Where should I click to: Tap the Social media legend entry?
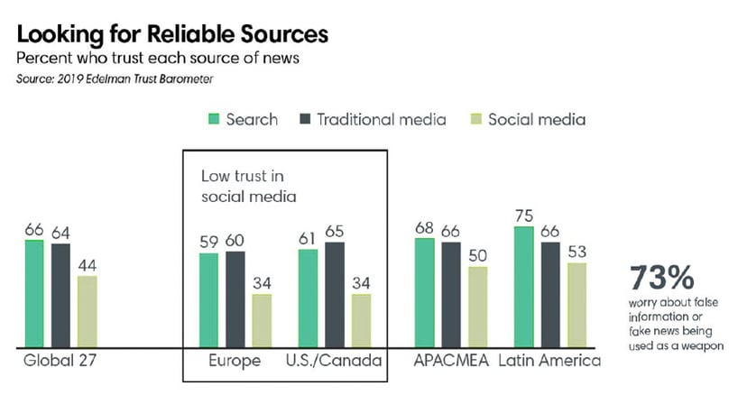tap(527, 119)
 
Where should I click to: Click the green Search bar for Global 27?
tap(34, 294)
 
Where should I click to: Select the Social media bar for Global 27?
tap(87, 312)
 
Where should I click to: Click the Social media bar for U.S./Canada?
tap(361, 321)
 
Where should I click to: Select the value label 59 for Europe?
tap(207, 242)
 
